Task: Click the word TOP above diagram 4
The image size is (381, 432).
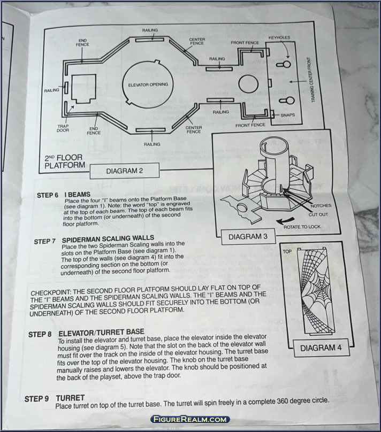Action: coord(287,250)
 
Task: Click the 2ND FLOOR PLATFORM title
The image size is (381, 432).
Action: coord(65,161)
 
